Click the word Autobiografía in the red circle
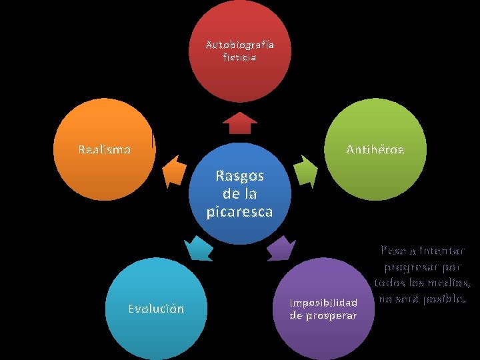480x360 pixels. point(239,45)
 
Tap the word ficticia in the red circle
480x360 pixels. point(239,57)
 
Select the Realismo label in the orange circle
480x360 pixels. point(104,149)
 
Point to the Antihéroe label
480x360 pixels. point(375,149)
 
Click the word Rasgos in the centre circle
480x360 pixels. point(239,177)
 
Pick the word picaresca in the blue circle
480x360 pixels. point(239,211)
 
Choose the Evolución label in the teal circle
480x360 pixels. point(155,309)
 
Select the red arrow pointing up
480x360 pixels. point(239,123)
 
